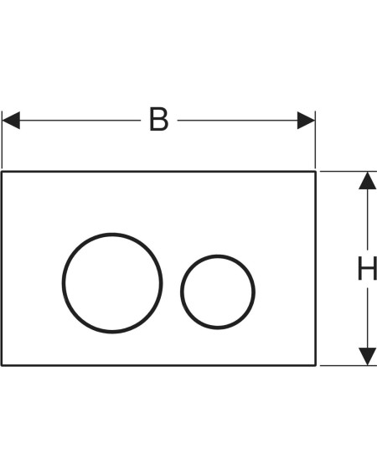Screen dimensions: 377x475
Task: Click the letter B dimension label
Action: point(159,119)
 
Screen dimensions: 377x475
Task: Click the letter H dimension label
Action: point(367,268)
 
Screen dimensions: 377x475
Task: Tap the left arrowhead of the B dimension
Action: point(11,121)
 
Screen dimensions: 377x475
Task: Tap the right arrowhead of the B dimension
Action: point(306,121)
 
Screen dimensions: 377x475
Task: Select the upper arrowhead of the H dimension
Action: point(367,181)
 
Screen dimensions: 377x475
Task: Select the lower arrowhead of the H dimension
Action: point(367,356)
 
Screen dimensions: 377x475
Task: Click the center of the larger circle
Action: point(112,283)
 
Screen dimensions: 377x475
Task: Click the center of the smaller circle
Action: point(218,292)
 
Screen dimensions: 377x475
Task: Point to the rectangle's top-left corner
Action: point(2,172)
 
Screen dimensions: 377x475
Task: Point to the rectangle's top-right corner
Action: point(316,172)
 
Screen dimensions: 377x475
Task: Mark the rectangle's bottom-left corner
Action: point(2,365)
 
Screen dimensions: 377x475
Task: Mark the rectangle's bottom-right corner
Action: point(316,365)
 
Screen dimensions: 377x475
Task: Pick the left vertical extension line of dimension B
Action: point(2,140)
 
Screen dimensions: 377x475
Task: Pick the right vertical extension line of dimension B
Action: point(315,140)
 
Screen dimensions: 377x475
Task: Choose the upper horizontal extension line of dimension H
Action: point(349,172)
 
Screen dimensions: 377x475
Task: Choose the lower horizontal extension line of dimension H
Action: point(349,365)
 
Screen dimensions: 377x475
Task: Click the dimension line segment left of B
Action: point(80,121)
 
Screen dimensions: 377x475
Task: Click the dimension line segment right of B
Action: point(238,121)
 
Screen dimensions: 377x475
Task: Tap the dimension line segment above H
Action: point(367,219)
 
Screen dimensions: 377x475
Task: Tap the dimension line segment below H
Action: point(367,318)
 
